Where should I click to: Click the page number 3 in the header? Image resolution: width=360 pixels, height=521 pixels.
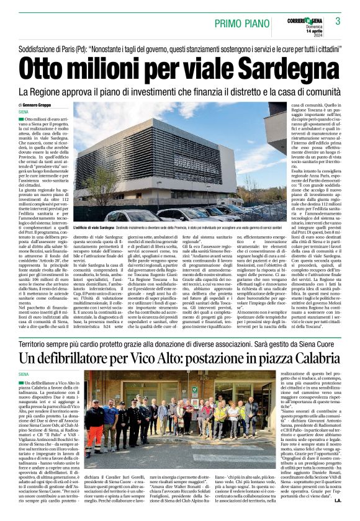click(338, 22)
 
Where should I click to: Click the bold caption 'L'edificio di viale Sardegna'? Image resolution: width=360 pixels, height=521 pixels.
click(95, 229)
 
